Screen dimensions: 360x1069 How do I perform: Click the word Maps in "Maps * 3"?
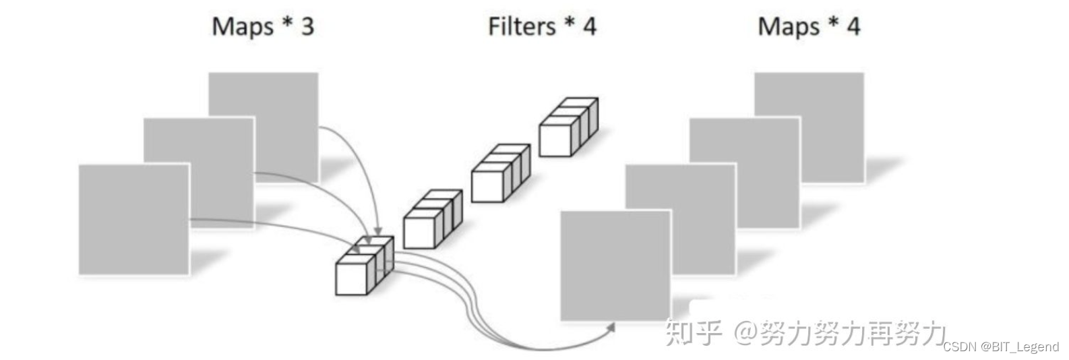click(243, 27)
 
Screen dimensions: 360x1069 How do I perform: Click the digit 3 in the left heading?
click(307, 27)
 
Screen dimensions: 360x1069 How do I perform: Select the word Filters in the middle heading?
click(521, 27)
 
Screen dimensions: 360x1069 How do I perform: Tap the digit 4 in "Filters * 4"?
click(589, 27)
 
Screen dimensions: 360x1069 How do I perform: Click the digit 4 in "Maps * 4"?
click(853, 27)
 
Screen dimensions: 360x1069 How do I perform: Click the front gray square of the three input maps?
click(133, 220)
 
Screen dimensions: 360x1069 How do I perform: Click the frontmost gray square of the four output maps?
click(615, 266)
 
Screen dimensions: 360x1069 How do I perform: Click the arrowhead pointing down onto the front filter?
click(378, 232)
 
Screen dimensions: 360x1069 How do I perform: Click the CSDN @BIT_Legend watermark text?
click(1000, 347)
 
